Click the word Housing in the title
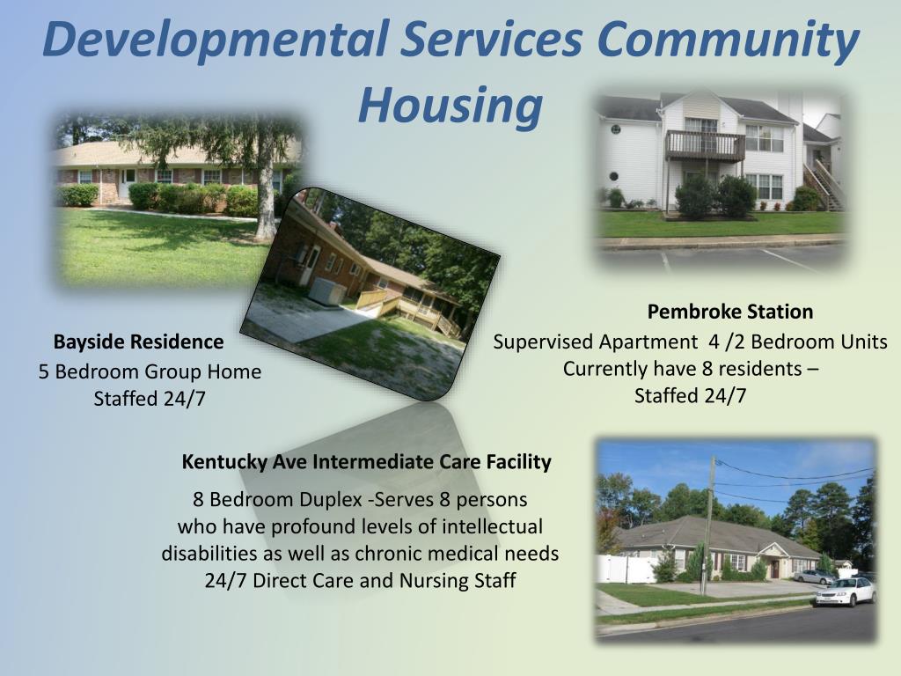coord(449,105)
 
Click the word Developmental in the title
coord(215,40)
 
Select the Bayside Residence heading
coord(138,342)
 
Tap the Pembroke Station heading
coord(729,312)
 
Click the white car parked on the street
coord(845,591)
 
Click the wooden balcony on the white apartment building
coord(692,145)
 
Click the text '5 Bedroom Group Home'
coord(150,371)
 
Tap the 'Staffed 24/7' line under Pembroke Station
coord(690,395)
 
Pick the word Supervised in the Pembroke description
coord(543,342)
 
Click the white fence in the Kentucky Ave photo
coord(626,569)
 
